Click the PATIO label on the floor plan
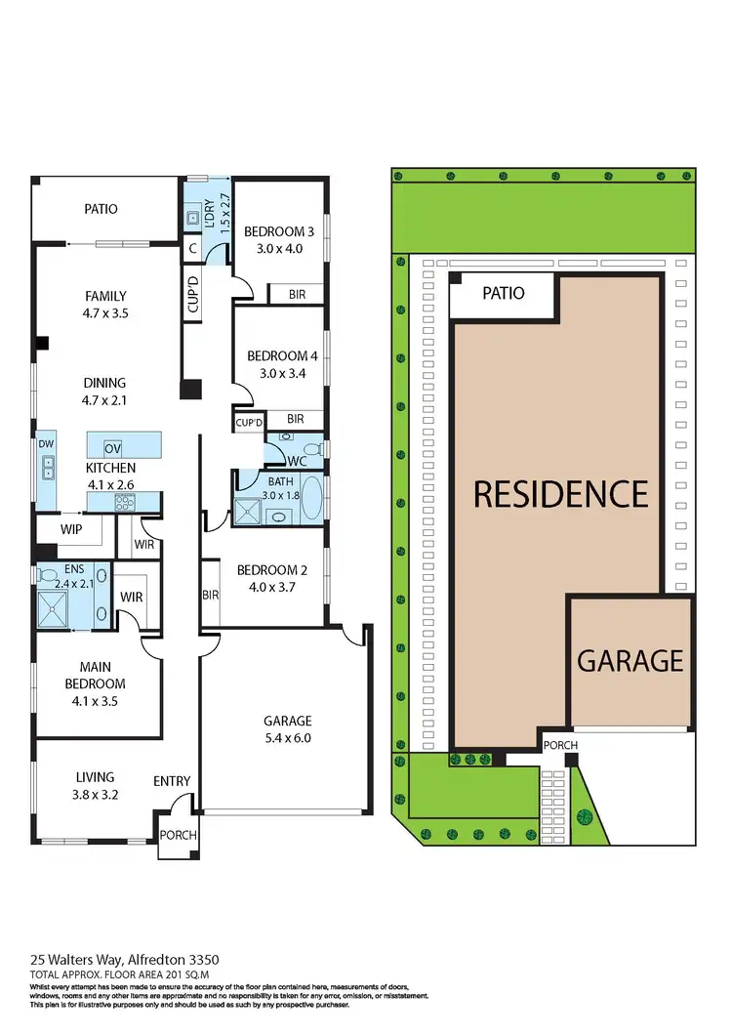[x=101, y=209]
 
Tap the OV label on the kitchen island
[x=112, y=448]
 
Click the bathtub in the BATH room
[x=312, y=498]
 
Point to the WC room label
[x=299, y=461]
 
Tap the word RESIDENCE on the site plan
[x=560, y=494]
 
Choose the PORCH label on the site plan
[x=560, y=745]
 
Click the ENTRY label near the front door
[x=172, y=781]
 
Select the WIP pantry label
[x=69, y=528]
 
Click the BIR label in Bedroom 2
[x=210, y=594]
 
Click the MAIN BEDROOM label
[x=95, y=677]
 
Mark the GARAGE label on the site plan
[x=630, y=661]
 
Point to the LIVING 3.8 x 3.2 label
[x=96, y=786]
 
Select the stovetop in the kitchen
[x=125, y=503]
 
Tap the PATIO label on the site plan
[x=504, y=293]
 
